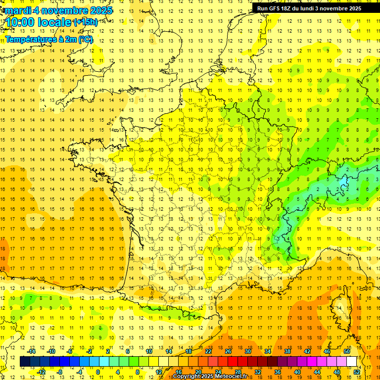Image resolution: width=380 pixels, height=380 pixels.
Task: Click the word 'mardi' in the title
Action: pos(16,10)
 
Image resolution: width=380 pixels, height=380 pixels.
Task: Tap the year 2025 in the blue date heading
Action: pos(100,10)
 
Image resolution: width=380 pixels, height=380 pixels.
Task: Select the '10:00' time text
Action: pos(21,22)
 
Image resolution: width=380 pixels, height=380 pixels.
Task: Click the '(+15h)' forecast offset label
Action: pos(86,22)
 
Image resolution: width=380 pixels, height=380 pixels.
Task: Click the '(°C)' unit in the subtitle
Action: pos(84,39)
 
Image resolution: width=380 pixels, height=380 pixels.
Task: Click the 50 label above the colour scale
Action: pos(346,351)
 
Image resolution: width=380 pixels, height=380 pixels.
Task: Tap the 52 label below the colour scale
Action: pos(356,372)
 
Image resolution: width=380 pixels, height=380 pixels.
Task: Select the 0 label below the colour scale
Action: pos(98,372)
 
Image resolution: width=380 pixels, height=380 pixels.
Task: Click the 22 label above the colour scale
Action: pos(208,351)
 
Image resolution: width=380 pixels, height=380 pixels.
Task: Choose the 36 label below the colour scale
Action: pos(277,372)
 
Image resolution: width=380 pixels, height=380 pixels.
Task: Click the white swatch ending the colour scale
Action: pos(352,362)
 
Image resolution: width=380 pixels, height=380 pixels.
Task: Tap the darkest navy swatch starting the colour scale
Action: pos(25,362)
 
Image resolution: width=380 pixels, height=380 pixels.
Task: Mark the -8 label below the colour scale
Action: pos(59,372)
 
